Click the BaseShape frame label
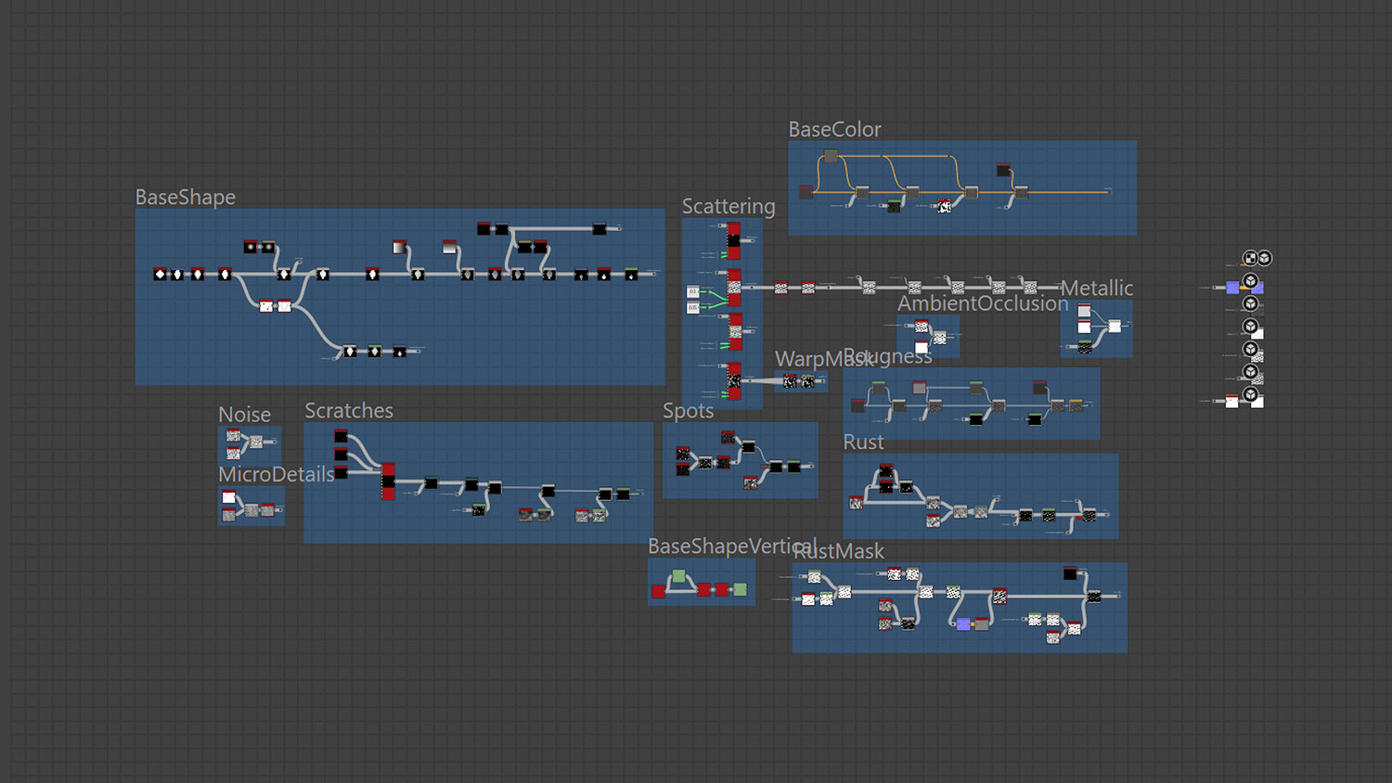186,198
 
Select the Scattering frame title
728,207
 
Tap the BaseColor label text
834,130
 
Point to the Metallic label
1097,289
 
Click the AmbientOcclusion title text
983,304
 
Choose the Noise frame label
244,415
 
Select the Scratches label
349,411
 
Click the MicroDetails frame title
276,475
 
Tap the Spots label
688,411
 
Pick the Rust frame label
863,443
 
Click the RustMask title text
840,552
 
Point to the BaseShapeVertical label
732,546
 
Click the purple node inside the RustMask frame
963,624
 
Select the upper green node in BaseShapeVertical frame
678,577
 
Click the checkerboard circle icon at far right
1250,259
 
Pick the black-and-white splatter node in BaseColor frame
944,206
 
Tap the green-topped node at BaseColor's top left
831,156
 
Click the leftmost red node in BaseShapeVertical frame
659,591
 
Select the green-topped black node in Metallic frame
1084,347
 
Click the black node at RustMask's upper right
1070,572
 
